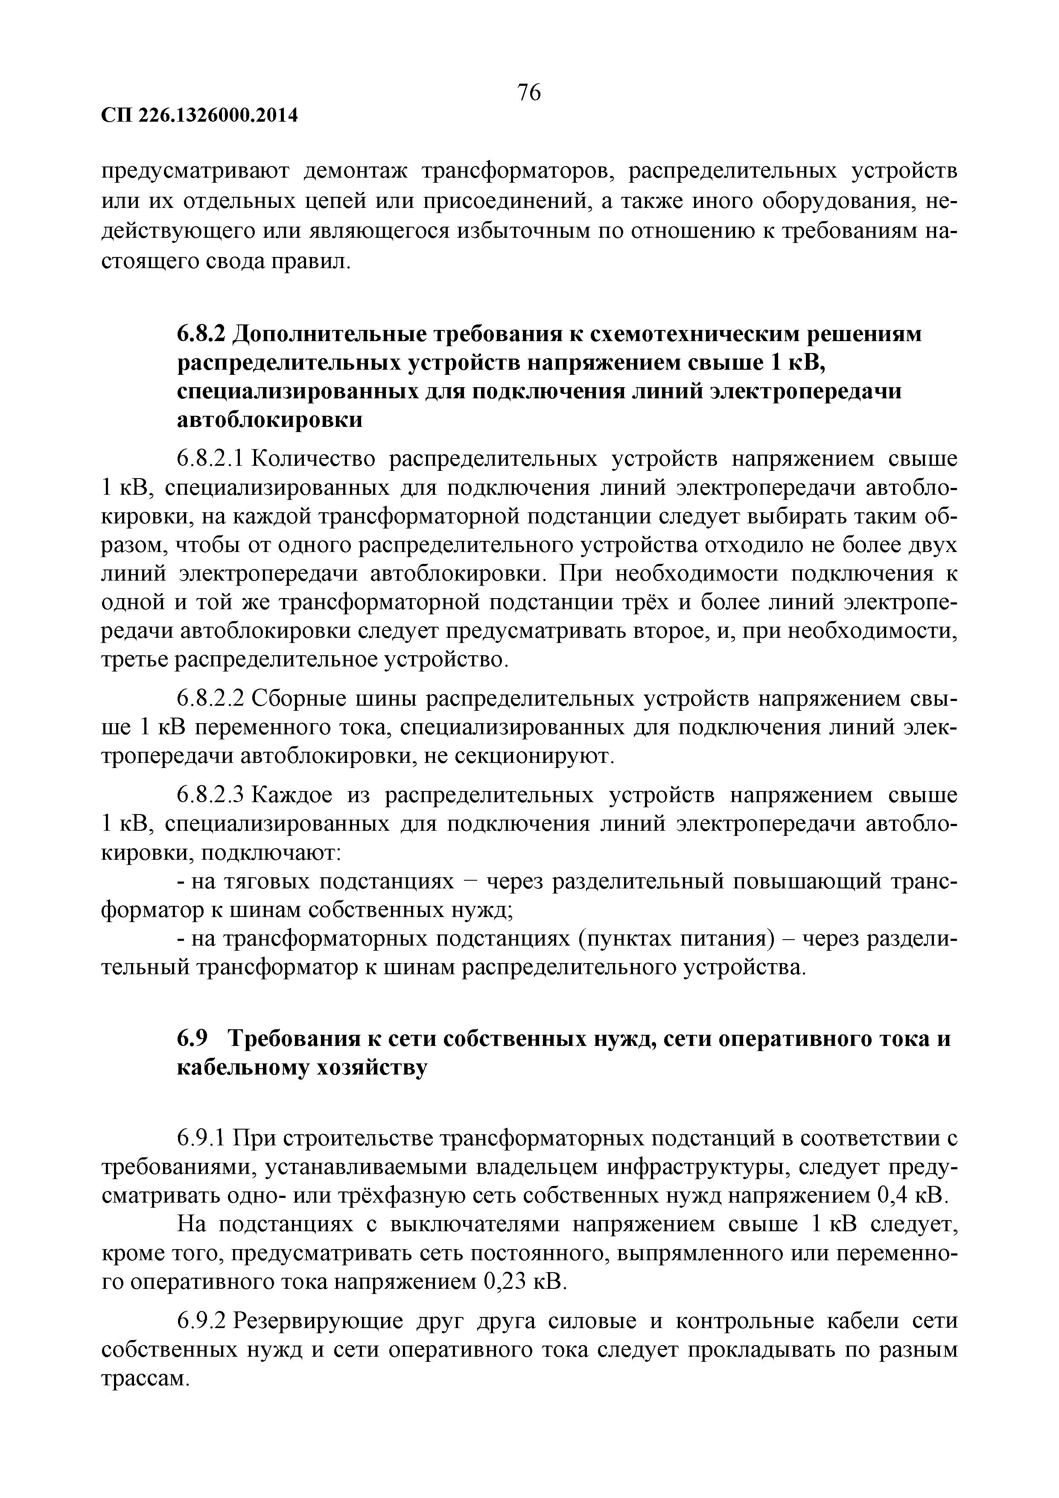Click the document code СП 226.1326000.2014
[200, 116]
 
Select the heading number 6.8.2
[201, 333]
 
